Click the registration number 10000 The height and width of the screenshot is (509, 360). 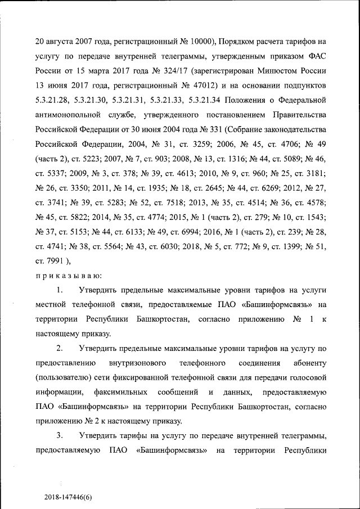pyautogui.click(x=197, y=42)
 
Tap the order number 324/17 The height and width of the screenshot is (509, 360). pyautogui.click(x=172, y=71)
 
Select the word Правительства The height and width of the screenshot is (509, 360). pyautogui.click(x=298, y=115)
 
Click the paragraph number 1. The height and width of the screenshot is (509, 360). pyautogui.click(x=59, y=291)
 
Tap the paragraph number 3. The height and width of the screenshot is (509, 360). pyautogui.click(x=59, y=436)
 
